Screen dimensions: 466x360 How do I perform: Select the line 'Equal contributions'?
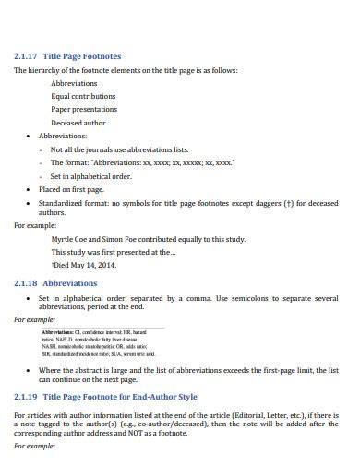tap(84, 96)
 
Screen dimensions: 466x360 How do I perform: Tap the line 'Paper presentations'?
tap(85, 109)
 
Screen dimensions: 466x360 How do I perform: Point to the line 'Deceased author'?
tap(78, 123)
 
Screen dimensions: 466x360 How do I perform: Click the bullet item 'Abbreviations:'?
tap(63, 136)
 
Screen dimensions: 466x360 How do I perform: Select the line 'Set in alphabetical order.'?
tap(91, 175)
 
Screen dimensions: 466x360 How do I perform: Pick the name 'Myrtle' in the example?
tap(62, 238)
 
